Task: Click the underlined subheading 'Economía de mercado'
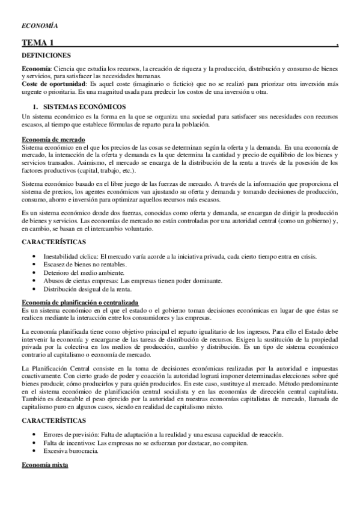tap(52, 140)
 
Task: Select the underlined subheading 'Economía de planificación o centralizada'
tap(80, 303)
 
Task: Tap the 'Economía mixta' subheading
tap(44, 466)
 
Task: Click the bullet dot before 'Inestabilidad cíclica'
tap(38, 257)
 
